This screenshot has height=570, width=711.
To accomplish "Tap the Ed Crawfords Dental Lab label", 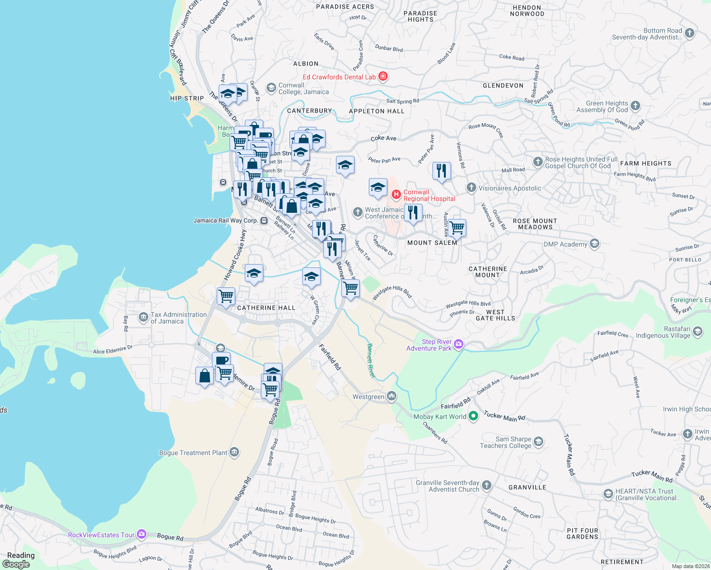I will point(339,77).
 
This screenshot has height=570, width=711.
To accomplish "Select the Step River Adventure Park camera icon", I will point(458,344).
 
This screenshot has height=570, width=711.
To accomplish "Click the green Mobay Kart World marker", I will point(473,416).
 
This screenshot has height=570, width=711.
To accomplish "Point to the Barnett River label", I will point(371,361).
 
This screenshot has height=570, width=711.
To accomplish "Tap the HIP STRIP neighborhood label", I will point(187,98).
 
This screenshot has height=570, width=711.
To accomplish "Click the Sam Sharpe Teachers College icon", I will point(538,442).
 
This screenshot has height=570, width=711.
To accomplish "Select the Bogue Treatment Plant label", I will point(193,453).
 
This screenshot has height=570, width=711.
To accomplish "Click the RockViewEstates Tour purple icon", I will point(142,534).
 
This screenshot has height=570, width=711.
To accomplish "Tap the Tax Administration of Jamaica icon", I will point(144,317).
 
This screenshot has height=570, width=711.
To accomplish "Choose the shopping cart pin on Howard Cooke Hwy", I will point(226,296).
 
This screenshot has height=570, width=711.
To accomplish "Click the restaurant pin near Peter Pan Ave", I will point(442,170).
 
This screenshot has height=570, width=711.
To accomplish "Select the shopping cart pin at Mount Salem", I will point(457,228).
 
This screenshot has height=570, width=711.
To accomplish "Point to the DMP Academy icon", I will point(594,244).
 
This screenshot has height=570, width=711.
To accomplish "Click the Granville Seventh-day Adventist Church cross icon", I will point(486,485).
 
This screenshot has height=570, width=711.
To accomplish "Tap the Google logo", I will point(16,564).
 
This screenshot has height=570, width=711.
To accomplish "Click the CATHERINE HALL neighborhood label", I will point(266,308).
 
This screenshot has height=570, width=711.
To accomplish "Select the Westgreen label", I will point(368,397).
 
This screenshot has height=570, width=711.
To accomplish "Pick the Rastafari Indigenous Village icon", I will point(697,332).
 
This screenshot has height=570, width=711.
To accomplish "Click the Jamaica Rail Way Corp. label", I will point(225,220).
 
